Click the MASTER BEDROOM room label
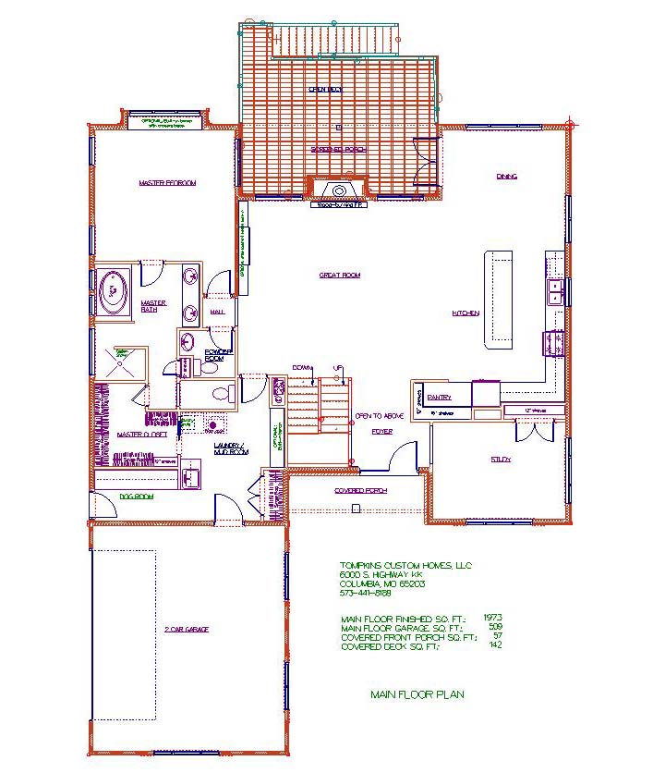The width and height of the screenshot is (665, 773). [167, 183]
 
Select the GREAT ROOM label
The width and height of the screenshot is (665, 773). [339, 275]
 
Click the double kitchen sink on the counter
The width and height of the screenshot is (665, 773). [555, 292]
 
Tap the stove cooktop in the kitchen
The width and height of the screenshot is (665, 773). [555, 342]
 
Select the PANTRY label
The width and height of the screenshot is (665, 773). [439, 397]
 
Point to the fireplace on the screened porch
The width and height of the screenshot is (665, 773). [339, 191]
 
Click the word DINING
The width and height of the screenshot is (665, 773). [506, 176]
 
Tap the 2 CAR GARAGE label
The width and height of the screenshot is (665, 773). [187, 630]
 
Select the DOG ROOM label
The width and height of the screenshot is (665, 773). [135, 497]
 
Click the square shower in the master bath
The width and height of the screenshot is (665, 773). [119, 362]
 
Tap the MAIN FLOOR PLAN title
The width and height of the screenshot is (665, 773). [417, 694]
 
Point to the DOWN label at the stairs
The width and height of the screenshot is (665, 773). [300, 367]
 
